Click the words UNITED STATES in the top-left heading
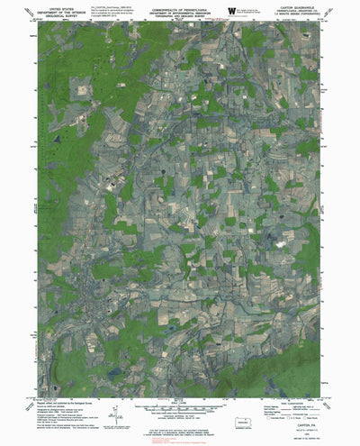point(54,6)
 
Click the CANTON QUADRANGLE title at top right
point(301,6)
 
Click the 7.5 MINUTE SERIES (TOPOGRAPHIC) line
point(301,15)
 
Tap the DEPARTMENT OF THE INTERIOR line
point(54,11)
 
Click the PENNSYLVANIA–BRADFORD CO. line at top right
point(301,11)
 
